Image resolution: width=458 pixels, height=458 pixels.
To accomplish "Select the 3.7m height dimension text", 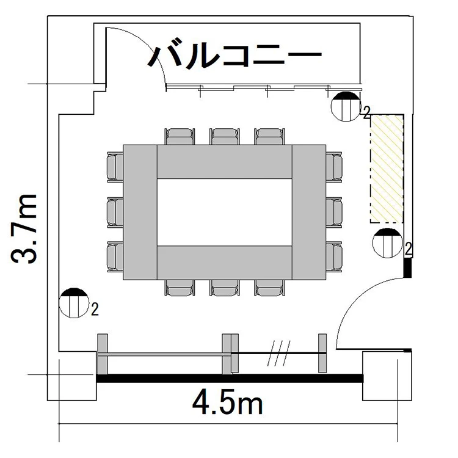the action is (24, 229).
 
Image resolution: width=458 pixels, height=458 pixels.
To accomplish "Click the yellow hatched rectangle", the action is (387, 169).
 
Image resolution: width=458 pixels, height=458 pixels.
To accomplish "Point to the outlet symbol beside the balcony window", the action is (346, 106).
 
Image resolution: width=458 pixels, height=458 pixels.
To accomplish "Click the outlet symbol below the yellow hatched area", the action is (387, 243).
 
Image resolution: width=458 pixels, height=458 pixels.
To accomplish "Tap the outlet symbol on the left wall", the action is (74, 303).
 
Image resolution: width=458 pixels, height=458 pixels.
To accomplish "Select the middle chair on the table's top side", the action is (225, 136).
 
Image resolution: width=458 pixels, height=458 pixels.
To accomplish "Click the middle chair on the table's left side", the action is (115, 212).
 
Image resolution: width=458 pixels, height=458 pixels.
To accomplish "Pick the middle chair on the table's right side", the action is (334, 212).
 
